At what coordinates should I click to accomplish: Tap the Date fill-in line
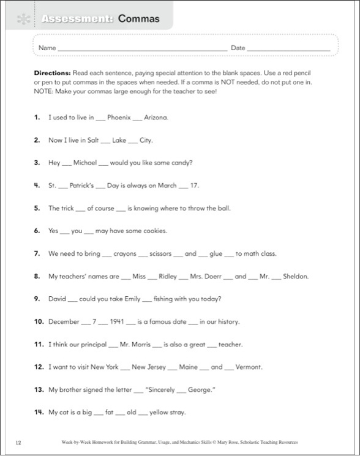tap(289, 49)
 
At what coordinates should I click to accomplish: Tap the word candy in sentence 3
tap(179, 163)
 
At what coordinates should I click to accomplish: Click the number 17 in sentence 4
tap(195, 185)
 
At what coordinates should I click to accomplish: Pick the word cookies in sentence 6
tap(152, 231)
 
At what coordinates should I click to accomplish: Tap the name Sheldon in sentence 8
tap(294, 276)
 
